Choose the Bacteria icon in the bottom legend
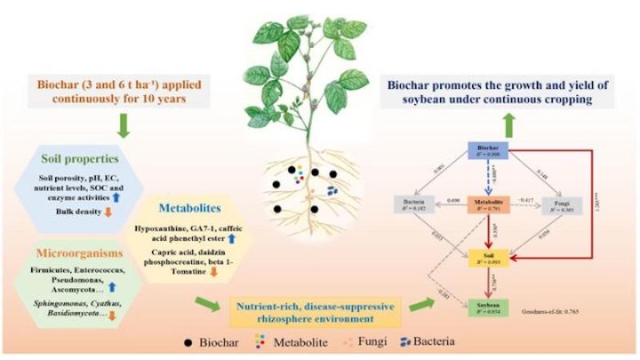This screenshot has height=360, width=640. point(408,340)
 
